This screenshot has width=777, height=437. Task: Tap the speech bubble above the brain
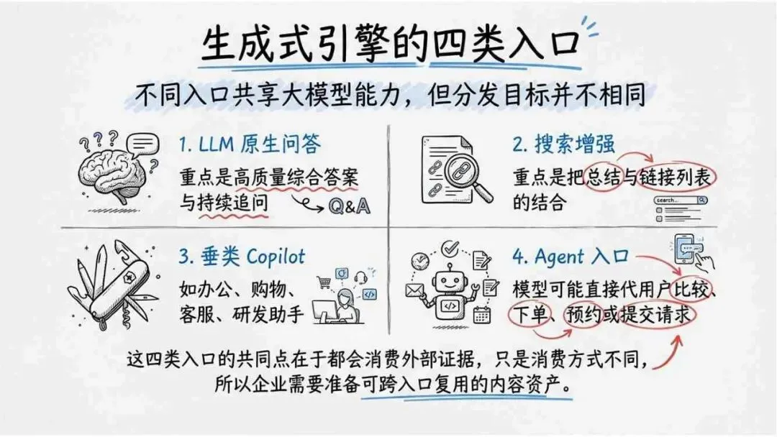[x=143, y=143]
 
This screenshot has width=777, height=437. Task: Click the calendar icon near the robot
[x=481, y=313]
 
